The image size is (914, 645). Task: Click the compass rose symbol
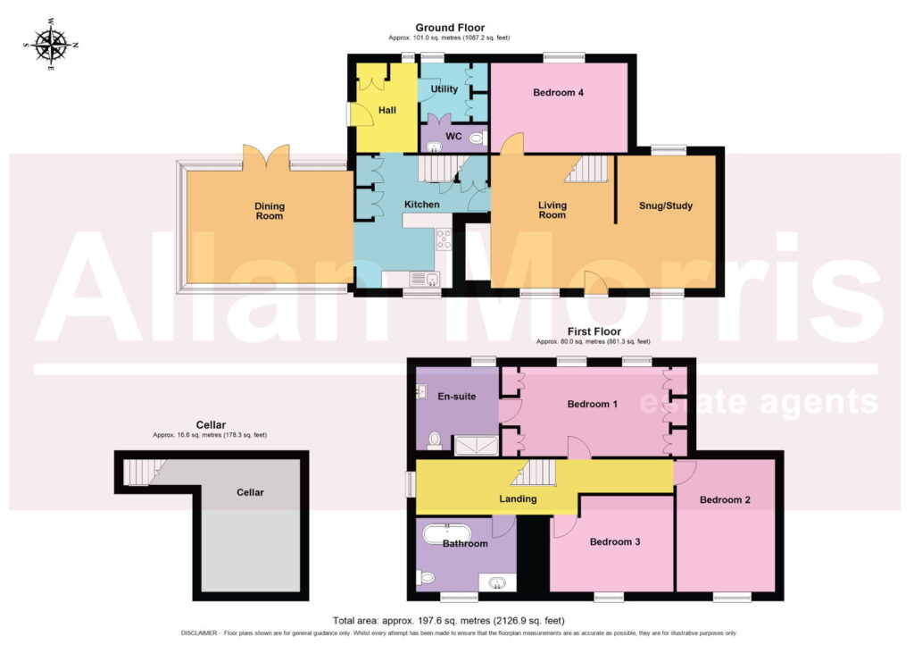click(51, 45)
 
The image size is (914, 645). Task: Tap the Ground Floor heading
click(450, 28)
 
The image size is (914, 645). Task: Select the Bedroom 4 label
click(559, 92)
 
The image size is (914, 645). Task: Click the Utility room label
click(445, 88)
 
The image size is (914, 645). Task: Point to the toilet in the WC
click(478, 138)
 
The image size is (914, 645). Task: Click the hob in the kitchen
click(444, 239)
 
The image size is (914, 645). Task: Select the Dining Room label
click(270, 211)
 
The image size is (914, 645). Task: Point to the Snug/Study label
click(666, 205)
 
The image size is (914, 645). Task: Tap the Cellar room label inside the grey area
click(250, 492)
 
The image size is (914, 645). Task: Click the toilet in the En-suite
click(435, 440)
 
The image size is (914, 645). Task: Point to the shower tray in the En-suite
click(477, 446)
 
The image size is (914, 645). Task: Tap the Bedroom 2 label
click(725, 499)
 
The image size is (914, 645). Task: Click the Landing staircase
click(534, 473)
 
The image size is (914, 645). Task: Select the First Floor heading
click(594, 331)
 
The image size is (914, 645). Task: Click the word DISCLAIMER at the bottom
click(199, 632)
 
